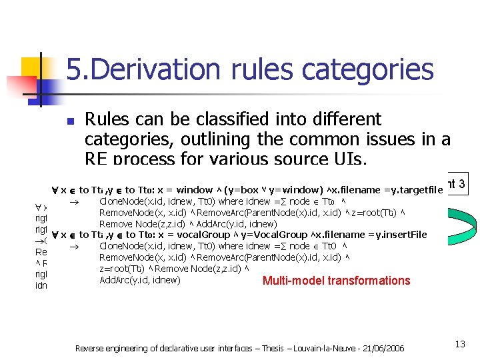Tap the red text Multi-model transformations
tap(336, 281)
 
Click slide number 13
tap(459, 344)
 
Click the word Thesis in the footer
tap(267, 348)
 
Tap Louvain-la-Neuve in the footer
tap(319, 348)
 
